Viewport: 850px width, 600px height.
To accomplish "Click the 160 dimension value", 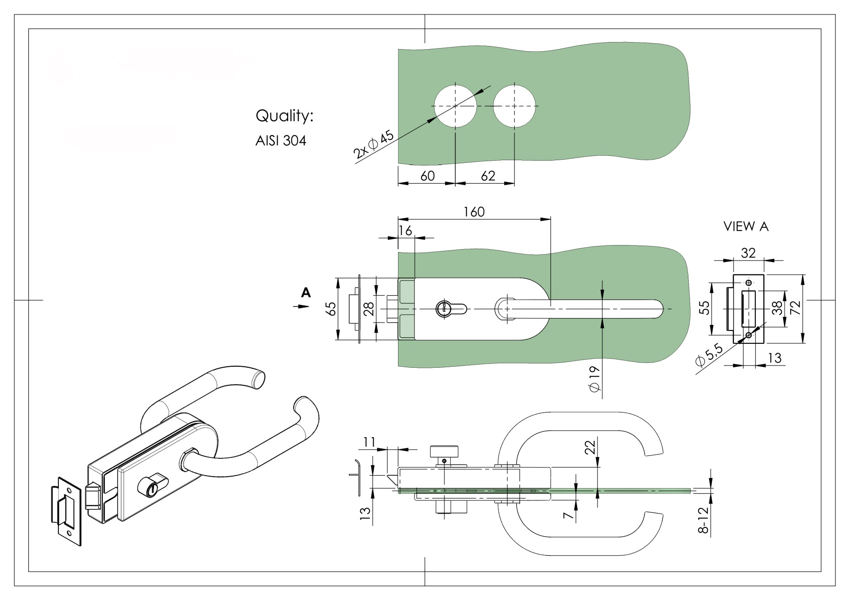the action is pyautogui.click(x=474, y=212).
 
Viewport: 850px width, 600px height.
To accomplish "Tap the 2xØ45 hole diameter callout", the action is pyautogui.click(x=374, y=145).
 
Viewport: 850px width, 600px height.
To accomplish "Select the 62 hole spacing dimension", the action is pyautogui.click(x=487, y=176).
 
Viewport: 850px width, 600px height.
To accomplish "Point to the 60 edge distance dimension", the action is pyautogui.click(x=427, y=176).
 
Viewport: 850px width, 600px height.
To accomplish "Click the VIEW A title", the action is pyautogui.click(x=746, y=227).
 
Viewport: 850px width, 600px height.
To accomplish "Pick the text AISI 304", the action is pyautogui.click(x=281, y=141).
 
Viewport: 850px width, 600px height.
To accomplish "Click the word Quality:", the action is pyautogui.click(x=285, y=116).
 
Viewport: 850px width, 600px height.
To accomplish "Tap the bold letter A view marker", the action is pyautogui.click(x=306, y=292).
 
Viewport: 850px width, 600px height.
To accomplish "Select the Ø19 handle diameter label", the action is pyautogui.click(x=594, y=379).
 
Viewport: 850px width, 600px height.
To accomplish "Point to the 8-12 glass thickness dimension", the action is pyautogui.click(x=703, y=520).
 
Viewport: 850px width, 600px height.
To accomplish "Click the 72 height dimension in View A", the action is pyautogui.click(x=796, y=308).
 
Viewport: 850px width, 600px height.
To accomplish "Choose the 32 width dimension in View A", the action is pyautogui.click(x=748, y=253).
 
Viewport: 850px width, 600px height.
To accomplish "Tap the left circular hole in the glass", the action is pyautogui.click(x=456, y=106).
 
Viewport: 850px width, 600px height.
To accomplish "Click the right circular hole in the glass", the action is pyautogui.click(x=514, y=106).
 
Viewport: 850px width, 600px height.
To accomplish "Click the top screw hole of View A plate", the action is pyautogui.click(x=749, y=283).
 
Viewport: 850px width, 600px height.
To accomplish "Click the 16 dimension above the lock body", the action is pyautogui.click(x=405, y=231).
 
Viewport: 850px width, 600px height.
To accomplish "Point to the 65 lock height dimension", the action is pyautogui.click(x=331, y=309).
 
